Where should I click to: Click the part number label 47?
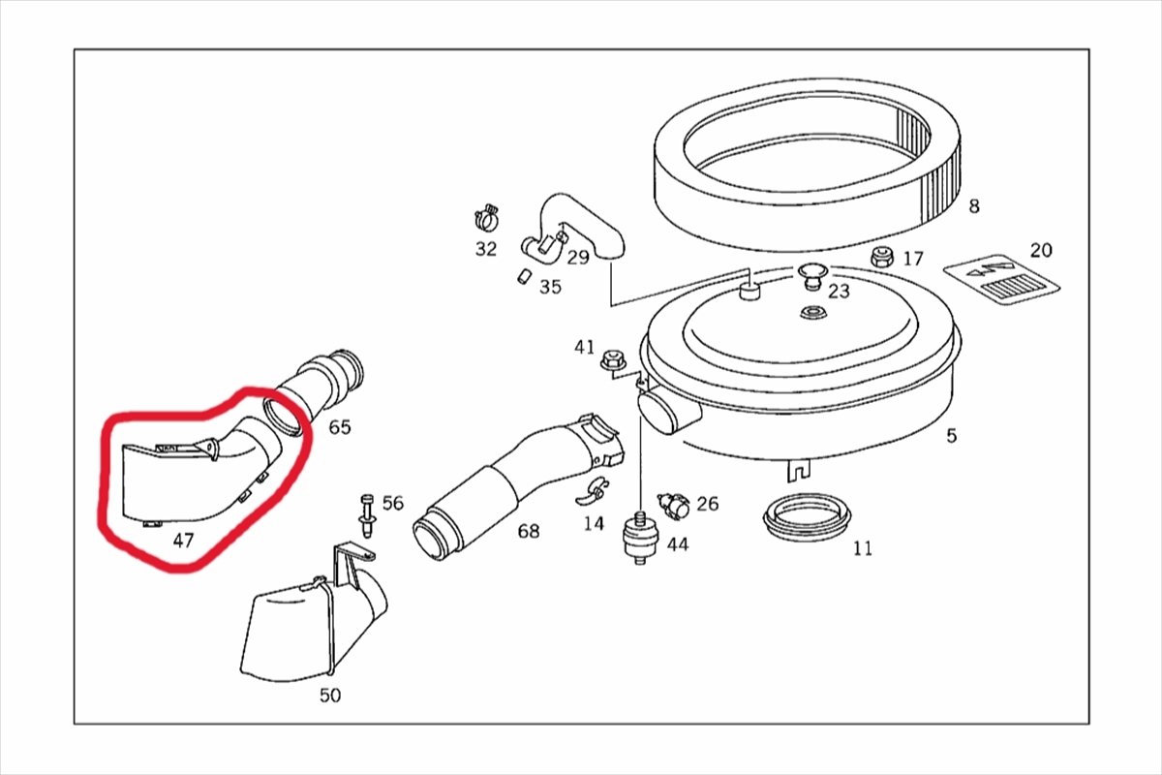(183, 541)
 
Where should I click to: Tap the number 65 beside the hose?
(340, 427)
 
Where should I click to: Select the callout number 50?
(330, 695)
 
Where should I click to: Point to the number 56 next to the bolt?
(393, 503)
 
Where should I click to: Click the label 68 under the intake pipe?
(529, 531)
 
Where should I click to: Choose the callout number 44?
(678, 544)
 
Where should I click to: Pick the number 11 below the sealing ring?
(863, 548)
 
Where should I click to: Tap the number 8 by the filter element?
(974, 206)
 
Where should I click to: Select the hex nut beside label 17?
(881, 257)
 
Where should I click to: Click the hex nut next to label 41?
(612, 359)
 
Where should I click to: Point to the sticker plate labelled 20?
(1001, 280)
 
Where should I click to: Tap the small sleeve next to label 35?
(523, 276)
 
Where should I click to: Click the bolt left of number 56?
(367, 515)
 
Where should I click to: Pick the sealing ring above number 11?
(807, 516)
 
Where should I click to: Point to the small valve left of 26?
(673, 505)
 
